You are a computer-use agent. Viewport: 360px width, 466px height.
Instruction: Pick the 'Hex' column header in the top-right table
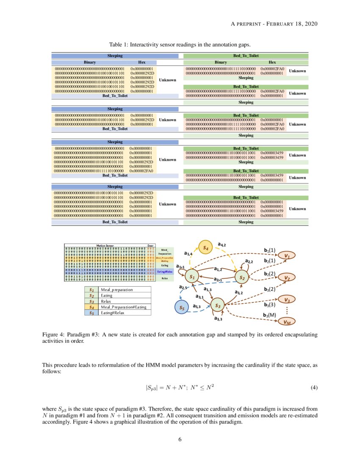pyautogui.click(x=272, y=62)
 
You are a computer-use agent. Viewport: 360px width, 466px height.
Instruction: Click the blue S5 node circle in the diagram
pyautogui.click(x=182, y=308)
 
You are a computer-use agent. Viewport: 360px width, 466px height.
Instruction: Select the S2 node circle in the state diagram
pyautogui.click(x=242, y=278)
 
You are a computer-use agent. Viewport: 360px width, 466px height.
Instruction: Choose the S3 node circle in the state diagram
pyautogui.click(x=217, y=305)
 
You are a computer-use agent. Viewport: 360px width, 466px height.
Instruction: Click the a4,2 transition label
pyautogui.click(x=222, y=244)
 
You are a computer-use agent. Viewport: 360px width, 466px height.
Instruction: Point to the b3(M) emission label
pyautogui.click(x=270, y=315)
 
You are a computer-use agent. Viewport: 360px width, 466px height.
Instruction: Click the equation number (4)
pyautogui.click(x=313, y=387)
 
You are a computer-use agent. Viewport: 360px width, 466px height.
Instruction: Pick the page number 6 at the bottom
pyautogui.click(x=180, y=439)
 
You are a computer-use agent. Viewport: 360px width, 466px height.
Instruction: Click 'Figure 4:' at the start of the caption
pyautogui.click(x=53, y=335)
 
